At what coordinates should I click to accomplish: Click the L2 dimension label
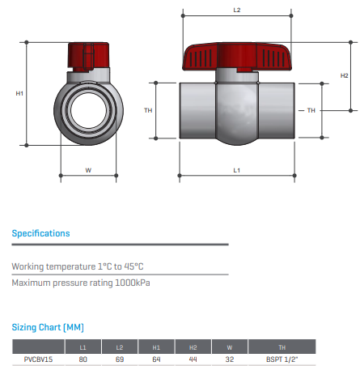click(x=237, y=11)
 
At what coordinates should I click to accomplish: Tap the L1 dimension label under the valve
click(x=237, y=170)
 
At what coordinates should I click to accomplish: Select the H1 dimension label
click(x=19, y=93)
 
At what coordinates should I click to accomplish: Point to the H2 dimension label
click(x=344, y=75)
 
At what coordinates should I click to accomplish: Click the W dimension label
click(x=88, y=170)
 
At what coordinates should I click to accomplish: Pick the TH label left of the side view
click(x=148, y=110)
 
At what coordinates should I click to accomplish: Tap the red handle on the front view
click(x=88, y=57)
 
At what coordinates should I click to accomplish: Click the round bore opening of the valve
click(x=88, y=111)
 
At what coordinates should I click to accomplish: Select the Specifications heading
click(x=40, y=233)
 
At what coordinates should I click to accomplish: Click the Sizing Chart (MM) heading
click(x=48, y=327)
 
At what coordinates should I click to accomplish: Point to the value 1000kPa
click(x=133, y=283)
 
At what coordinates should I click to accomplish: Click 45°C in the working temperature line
click(x=133, y=266)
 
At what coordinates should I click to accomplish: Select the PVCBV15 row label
click(x=38, y=360)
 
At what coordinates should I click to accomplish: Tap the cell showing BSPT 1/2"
click(x=282, y=360)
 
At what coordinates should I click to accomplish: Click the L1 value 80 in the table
click(x=83, y=360)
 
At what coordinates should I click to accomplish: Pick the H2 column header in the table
click(x=193, y=347)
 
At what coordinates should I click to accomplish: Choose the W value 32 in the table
click(x=230, y=360)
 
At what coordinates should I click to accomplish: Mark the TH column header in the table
click(x=282, y=347)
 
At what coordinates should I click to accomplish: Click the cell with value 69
click(x=120, y=360)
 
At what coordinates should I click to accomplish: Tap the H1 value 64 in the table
click(x=156, y=360)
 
